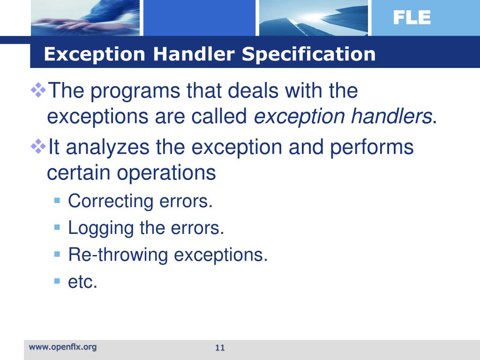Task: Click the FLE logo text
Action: [x=412, y=18]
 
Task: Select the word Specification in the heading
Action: [x=309, y=54]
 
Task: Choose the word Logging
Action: [x=101, y=228]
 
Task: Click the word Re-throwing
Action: [x=118, y=255]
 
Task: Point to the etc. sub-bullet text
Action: [x=82, y=282]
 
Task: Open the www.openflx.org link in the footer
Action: [x=63, y=347]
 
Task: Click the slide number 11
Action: [x=220, y=347]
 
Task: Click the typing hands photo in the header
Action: [x=84, y=18]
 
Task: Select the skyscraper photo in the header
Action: [x=313, y=18]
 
